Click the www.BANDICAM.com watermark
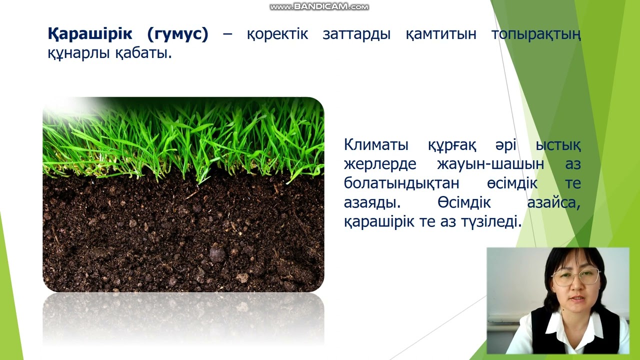(x=319, y=7)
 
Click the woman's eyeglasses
(x=575, y=276)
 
